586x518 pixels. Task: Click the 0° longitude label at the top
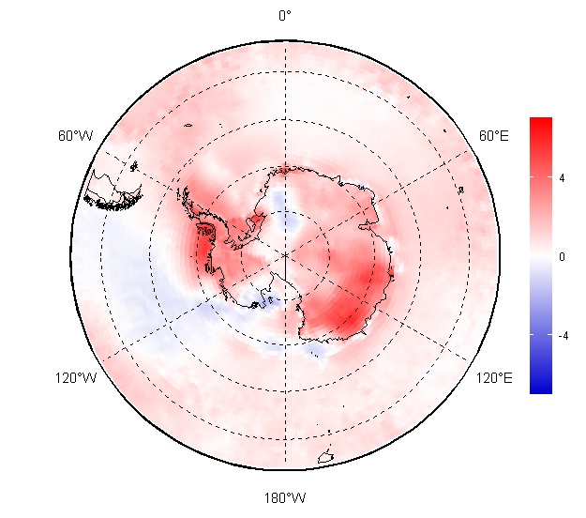[x=285, y=15]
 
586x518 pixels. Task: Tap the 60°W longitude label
[x=75, y=135]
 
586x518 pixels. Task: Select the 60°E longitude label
[x=494, y=135]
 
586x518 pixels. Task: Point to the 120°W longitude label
[x=76, y=378]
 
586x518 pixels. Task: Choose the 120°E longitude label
[x=494, y=378]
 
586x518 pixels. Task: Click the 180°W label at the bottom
[x=285, y=497]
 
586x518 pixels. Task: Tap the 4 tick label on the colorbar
[x=562, y=178]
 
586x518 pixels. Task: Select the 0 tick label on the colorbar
[x=562, y=256]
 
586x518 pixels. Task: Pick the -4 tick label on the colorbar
[x=563, y=336]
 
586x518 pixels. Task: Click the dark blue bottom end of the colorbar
[x=541, y=388]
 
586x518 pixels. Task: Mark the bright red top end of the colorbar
[x=541, y=123]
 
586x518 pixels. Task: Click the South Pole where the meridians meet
[x=286, y=255]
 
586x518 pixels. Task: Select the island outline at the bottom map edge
[x=326, y=457]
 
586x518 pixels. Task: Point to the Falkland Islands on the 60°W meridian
[x=134, y=166]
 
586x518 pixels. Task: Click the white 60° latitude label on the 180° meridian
[x=295, y=386]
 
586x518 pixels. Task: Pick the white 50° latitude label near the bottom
[x=295, y=434]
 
